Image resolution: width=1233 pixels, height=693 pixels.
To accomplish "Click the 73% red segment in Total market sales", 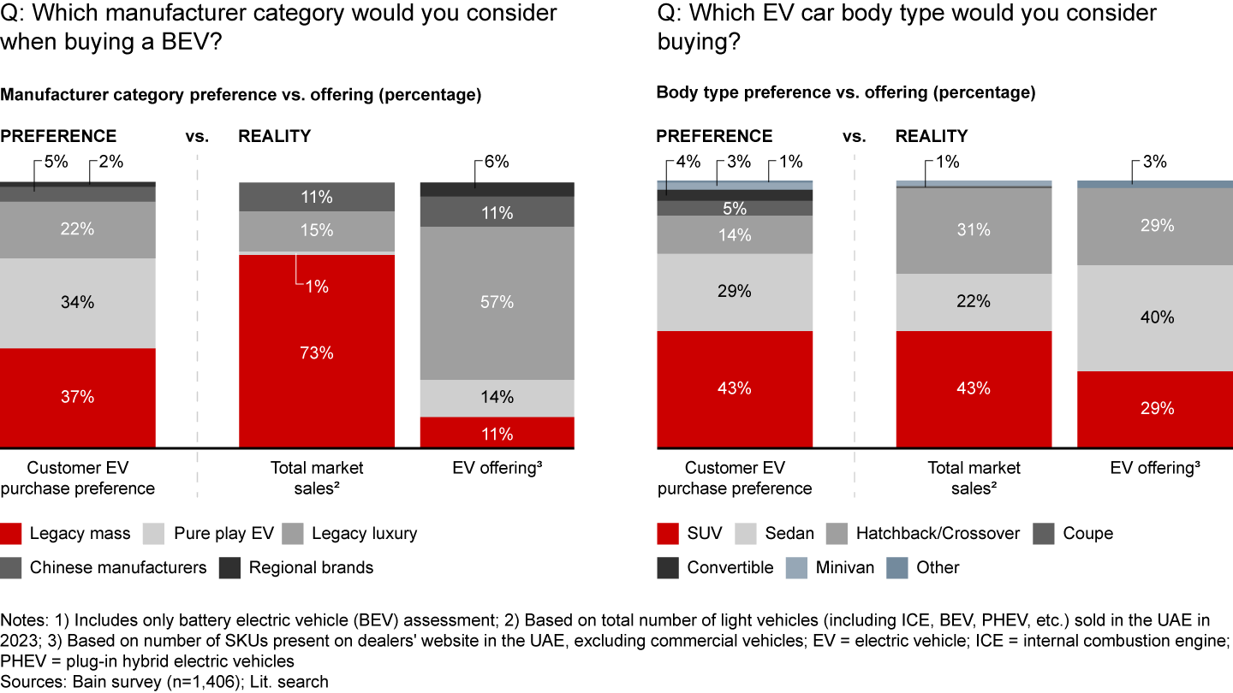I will tap(316, 352).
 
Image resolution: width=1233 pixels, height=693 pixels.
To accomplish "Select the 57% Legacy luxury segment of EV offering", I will tap(497, 302).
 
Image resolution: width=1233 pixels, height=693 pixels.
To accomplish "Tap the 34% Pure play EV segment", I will tap(77, 302).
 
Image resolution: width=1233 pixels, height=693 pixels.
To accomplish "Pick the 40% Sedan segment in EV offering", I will tap(1154, 317).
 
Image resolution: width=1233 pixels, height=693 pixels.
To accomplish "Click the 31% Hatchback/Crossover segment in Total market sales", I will tap(974, 229).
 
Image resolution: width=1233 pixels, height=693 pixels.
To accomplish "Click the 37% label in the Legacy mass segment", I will tap(77, 397).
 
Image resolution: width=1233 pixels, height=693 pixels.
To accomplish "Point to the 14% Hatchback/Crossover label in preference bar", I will tap(735, 234).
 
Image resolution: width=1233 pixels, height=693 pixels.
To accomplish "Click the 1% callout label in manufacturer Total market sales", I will tap(316, 287).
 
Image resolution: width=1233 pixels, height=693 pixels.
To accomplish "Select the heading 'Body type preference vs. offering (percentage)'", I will tap(845, 93).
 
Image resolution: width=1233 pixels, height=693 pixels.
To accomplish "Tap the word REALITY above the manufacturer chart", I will tap(274, 136).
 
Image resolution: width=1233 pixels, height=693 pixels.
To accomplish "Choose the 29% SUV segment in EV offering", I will tap(1154, 409).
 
